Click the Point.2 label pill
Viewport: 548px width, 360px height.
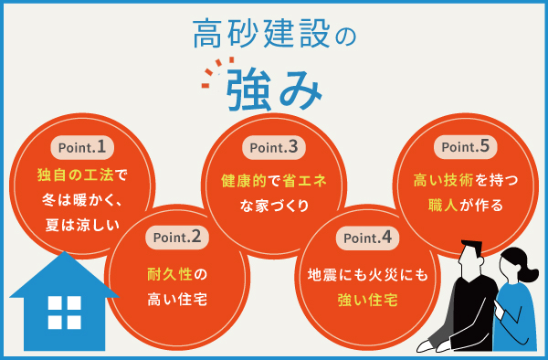tap(178, 238)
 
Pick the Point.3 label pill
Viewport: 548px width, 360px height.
tap(274, 146)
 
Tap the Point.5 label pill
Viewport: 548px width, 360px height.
tap(466, 146)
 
